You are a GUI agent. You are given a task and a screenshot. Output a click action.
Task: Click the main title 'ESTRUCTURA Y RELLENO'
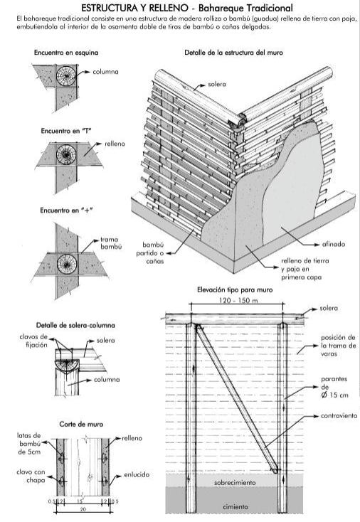tap(136, 8)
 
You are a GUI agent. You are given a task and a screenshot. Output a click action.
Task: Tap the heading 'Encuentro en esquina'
tap(66, 53)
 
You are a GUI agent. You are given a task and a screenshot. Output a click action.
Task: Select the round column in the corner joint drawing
tap(66, 76)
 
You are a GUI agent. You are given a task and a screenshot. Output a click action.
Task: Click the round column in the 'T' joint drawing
tap(66, 155)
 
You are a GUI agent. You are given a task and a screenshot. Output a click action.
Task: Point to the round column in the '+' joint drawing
tap(67, 264)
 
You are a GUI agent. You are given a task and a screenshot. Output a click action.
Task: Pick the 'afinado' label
tap(334, 244)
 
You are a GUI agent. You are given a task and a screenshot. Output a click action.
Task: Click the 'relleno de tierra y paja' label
tap(305, 269)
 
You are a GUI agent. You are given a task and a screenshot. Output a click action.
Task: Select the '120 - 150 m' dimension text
tap(238, 300)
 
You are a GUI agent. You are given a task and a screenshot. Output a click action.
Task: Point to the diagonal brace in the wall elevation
tap(237, 398)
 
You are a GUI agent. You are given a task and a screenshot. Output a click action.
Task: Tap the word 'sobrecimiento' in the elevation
tap(235, 482)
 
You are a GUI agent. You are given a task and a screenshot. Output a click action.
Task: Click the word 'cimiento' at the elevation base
tap(235, 506)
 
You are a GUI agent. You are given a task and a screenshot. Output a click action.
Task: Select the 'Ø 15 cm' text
tap(334, 395)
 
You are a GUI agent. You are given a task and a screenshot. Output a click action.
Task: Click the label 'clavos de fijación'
tap(33, 341)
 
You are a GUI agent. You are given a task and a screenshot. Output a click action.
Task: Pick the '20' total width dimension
tap(83, 509)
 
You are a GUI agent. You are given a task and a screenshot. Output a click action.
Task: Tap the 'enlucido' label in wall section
tap(137, 475)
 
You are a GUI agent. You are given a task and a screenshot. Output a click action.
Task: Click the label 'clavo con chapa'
tap(31, 476)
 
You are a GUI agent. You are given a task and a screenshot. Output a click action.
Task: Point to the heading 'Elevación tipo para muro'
tap(235, 289)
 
